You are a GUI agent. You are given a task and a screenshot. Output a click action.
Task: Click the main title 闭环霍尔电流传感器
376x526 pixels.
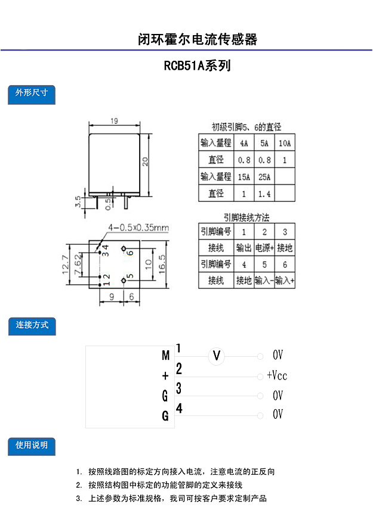[x=197, y=39]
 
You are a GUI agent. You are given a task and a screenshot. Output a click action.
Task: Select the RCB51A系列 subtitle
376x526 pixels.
[x=197, y=66]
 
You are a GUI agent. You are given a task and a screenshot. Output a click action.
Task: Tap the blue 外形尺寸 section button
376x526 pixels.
[x=32, y=94]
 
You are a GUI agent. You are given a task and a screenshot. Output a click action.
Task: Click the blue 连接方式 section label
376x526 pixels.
[x=32, y=326]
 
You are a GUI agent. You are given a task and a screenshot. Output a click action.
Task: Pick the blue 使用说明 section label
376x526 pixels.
[x=32, y=446]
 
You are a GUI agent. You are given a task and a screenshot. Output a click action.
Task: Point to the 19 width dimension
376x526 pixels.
[x=114, y=121]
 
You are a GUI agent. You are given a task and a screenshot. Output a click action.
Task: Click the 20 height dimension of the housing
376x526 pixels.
[x=145, y=161]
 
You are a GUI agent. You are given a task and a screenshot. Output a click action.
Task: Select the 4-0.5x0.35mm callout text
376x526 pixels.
[x=138, y=228]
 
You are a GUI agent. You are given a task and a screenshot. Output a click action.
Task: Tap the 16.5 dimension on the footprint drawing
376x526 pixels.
[x=162, y=264]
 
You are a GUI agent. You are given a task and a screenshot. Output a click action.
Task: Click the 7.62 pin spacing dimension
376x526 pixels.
[x=78, y=264]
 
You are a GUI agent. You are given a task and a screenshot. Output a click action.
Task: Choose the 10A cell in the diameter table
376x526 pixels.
[x=285, y=143]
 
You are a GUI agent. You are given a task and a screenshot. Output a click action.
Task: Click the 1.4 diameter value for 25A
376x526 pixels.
[x=264, y=194]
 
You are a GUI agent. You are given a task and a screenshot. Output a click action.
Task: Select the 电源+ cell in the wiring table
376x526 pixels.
[x=264, y=248]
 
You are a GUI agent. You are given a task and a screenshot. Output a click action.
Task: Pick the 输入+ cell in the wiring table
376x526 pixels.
[x=285, y=281]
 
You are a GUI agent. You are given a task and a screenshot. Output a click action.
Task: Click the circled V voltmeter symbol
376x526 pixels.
[x=217, y=356]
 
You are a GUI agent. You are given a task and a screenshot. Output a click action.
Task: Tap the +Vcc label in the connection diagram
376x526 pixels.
[x=277, y=375]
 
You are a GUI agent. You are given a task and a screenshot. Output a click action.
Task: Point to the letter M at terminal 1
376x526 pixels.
[x=166, y=355]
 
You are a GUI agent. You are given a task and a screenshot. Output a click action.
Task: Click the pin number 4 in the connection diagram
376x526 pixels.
[x=179, y=408]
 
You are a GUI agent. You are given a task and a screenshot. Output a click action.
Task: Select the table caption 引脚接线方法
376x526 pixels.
[x=246, y=217]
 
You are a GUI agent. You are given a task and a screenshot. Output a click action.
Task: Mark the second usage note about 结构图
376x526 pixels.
[x=159, y=485]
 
